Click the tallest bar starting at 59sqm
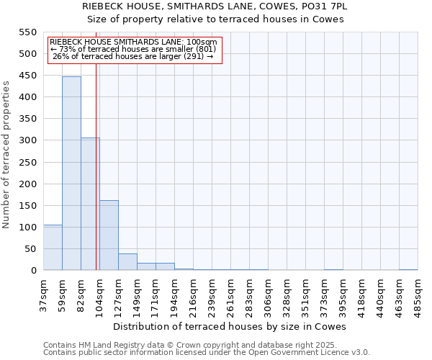[x=71, y=173]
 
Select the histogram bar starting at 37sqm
[x=53, y=248]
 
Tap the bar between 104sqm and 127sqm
[x=109, y=235]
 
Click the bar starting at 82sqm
[x=90, y=204]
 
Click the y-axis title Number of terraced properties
[x=7, y=155]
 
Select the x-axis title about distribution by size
[x=230, y=326]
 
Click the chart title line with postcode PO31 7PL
[x=215, y=6]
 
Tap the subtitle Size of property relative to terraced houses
[x=215, y=19]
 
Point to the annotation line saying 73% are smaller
[x=132, y=49]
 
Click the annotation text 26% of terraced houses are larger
[x=133, y=55]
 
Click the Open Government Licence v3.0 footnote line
[x=207, y=352]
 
